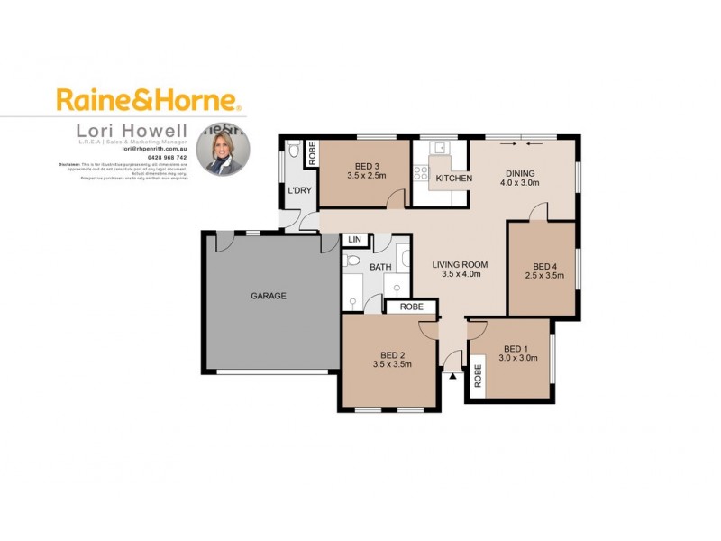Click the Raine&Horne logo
coord(148,98)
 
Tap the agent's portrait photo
coord(223,148)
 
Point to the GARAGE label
coord(268,296)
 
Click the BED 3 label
coord(366,165)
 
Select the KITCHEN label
coord(453,179)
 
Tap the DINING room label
coord(520,174)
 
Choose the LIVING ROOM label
coord(460,264)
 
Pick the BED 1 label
coord(519,348)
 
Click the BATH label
coord(379,267)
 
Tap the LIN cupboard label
coord(354,240)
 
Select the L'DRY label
coord(299,191)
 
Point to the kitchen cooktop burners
coord(420,172)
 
